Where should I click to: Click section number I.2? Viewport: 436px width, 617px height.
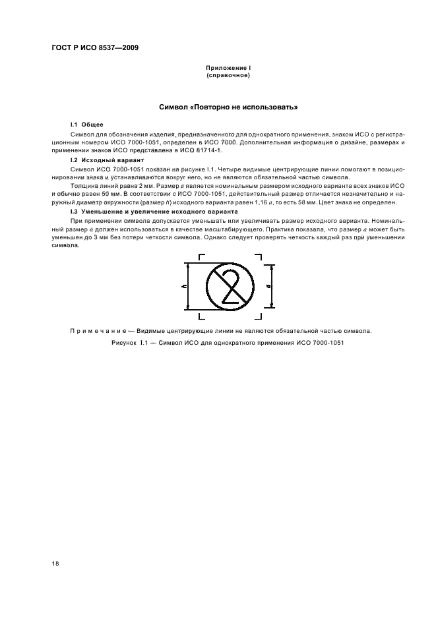(75, 160)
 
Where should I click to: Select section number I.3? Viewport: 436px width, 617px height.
(75, 211)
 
